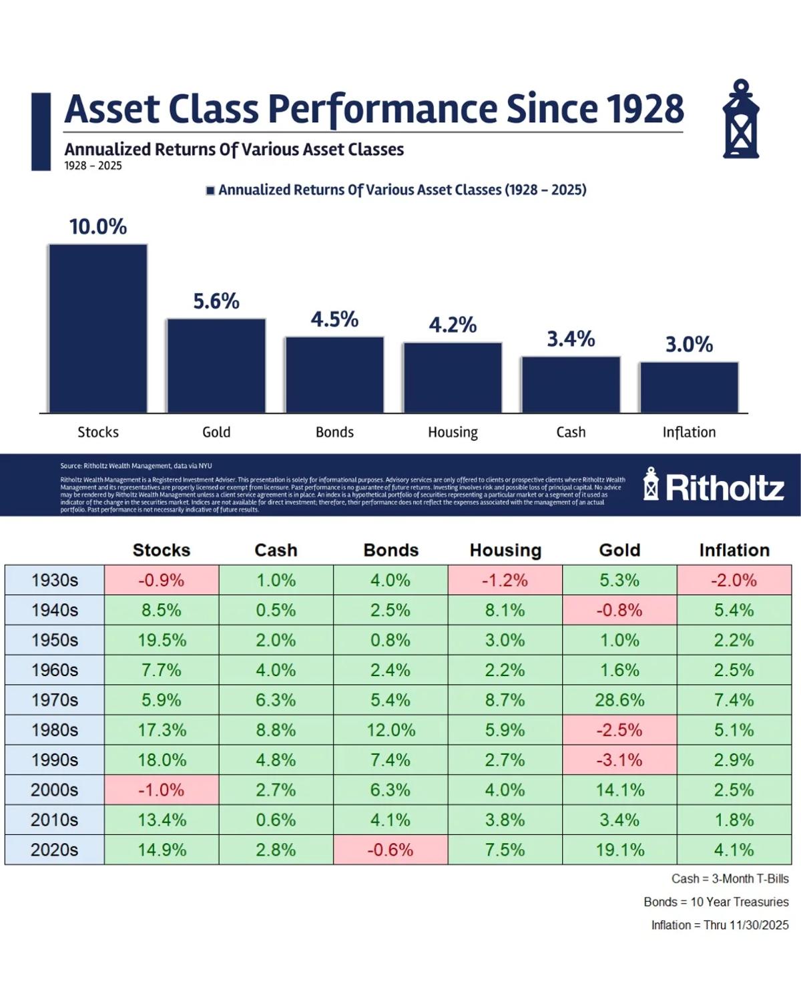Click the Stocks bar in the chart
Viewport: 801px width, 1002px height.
coord(98,329)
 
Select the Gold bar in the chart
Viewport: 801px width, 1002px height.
coord(216,365)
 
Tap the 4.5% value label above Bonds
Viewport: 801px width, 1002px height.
coord(334,319)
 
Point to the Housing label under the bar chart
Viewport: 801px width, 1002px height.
coord(453,432)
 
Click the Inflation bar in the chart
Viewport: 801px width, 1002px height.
coord(689,387)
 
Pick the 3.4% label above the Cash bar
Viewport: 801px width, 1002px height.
coord(571,339)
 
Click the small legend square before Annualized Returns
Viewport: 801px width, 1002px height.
coord(210,190)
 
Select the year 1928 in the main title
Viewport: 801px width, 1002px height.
coord(645,109)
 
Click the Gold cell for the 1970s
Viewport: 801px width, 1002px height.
coord(619,700)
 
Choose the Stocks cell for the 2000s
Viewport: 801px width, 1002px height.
coord(162,790)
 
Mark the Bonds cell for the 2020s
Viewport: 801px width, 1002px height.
coord(390,850)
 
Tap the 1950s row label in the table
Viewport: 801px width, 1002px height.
coord(55,640)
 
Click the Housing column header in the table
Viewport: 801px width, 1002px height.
coord(505,550)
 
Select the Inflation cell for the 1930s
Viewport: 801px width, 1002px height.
coord(734,580)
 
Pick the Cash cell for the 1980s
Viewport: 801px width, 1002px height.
coord(276,730)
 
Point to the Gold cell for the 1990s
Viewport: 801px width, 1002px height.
coord(619,760)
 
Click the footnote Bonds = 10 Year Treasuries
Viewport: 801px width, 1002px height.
coord(716,902)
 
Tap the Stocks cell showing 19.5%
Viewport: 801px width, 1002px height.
coord(162,640)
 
